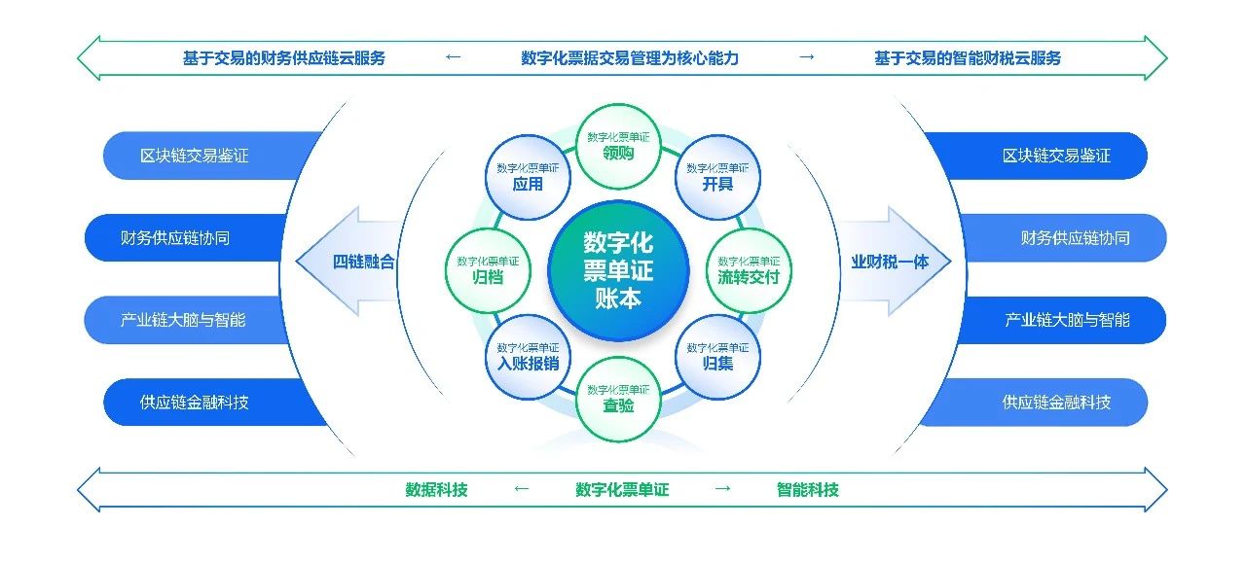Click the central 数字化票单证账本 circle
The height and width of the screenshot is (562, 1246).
coord(618,271)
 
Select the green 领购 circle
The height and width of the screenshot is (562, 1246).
coord(618,147)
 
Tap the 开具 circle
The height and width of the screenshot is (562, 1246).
coord(717,177)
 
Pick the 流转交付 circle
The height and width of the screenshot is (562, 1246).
coord(749,271)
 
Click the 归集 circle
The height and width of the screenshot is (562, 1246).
coord(717,357)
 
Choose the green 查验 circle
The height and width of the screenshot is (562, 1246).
coord(618,400)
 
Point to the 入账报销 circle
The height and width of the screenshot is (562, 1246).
coord(528,357)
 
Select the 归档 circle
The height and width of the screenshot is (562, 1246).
coord(488,271)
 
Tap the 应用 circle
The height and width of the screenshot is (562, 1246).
coord(528,177)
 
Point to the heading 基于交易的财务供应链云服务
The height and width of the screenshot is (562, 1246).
coord(283,57)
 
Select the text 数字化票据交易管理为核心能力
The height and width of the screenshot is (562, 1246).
coord(630,57)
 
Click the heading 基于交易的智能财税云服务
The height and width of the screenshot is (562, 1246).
coord(968,57)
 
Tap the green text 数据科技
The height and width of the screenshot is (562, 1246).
coord(436,490)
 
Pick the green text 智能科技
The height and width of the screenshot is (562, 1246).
coord(808,490)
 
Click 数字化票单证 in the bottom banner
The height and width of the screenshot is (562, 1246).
coord(622,490)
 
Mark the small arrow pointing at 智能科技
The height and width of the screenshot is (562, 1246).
coord(722,489)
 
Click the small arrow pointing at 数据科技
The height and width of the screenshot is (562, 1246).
coord(521,489)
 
